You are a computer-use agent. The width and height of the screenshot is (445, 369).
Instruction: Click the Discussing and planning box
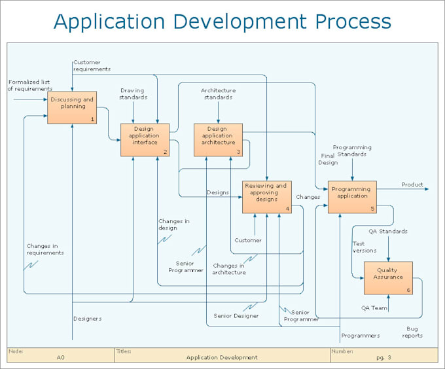(72, 107)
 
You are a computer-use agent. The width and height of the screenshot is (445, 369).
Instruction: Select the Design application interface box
(145, 140)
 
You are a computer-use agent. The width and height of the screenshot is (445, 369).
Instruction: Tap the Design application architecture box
(218, 140)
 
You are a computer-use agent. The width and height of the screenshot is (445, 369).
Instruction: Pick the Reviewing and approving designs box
(266, 197)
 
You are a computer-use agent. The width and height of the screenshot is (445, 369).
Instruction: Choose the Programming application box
(352, 197)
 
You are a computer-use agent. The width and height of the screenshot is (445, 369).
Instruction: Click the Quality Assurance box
(388, 278)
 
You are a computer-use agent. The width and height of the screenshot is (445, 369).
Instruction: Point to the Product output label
(412, 185)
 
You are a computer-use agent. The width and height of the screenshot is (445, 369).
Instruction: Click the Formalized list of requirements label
(29, 86)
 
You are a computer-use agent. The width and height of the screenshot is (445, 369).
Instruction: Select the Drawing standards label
(132, 94)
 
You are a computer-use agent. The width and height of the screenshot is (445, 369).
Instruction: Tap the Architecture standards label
(218, 94)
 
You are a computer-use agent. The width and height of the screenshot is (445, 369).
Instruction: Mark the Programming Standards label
(352, 151)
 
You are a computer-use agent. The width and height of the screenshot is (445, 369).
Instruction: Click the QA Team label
(375, 307)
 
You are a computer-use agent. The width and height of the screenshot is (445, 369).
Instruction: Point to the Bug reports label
(412, 332)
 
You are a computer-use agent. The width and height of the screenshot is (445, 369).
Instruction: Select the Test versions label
(365, 247)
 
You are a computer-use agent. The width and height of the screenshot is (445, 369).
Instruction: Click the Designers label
(87, 319)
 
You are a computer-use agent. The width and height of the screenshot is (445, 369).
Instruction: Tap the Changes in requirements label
(45, 249)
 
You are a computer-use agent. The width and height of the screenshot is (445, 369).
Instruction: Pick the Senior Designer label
(236, 316)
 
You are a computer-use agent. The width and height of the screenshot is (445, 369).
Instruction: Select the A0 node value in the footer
(60, 357)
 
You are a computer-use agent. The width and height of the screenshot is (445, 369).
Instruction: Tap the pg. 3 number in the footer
(385, 357)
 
